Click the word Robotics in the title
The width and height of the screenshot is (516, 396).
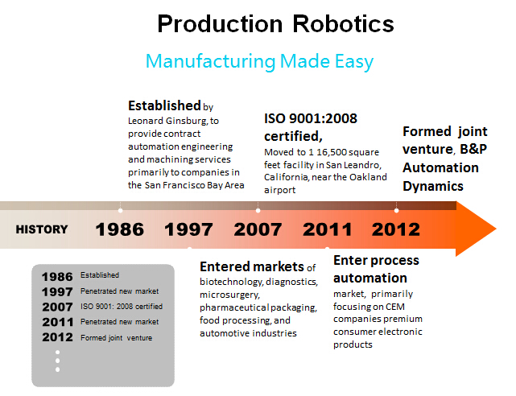(343, 23)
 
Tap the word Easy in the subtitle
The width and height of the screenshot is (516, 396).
(354, 62)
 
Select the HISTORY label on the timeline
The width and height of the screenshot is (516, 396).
(42, 229)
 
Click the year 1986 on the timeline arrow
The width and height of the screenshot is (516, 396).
(120, 229)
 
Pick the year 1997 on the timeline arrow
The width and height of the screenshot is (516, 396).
(188, 229)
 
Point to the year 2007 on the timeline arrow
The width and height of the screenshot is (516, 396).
(258, 229)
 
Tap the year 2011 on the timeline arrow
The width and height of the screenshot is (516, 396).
(327, 229)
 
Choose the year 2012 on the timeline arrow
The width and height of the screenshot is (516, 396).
(396, 229)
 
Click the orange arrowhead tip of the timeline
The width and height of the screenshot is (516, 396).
(496, 229)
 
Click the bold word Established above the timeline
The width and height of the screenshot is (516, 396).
(164, 106)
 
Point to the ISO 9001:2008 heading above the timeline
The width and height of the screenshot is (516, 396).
(310, 118)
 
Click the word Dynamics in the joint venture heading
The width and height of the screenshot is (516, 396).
(433, 186)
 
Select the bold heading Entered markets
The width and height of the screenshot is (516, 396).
(252, 266)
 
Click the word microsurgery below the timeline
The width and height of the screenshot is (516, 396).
(229, 295)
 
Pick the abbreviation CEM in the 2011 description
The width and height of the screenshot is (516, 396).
(395, 307)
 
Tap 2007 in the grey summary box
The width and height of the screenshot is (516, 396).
(57, 307)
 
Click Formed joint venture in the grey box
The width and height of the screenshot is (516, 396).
(117, 338)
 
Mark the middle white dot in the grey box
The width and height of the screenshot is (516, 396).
(58, 361)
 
